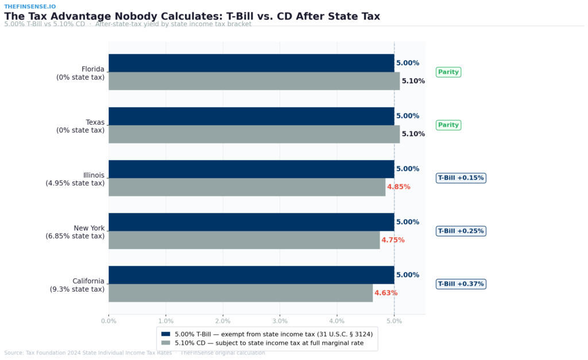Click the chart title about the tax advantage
point(192,16)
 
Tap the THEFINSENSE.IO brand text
point(30,6)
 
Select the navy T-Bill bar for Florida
point(251,63)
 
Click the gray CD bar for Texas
point(254,134)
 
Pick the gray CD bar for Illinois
point(247,187)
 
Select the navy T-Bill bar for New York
point(251,222)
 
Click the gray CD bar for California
point(241,293)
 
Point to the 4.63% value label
point(386,293)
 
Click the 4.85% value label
point(399,187)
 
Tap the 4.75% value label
point(393,240)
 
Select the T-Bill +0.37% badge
point(461,284)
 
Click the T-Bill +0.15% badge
point(461,178)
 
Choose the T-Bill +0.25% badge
point(461,231)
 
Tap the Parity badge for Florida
point(448,72)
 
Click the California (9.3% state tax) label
point(77,285)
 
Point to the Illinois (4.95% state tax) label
point(75,179)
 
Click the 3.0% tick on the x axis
point(280,321)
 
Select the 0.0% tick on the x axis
point(109,321)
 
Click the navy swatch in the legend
point(166,334)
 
